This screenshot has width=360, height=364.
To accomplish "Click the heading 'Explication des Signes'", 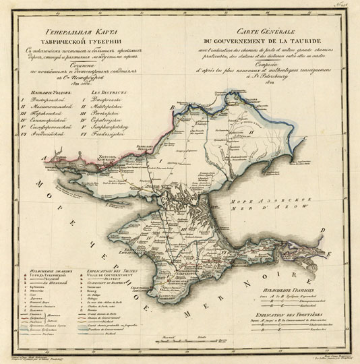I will click(x=111, y=268).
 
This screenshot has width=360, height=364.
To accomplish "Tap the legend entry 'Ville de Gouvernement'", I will click(x=111, y=274).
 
